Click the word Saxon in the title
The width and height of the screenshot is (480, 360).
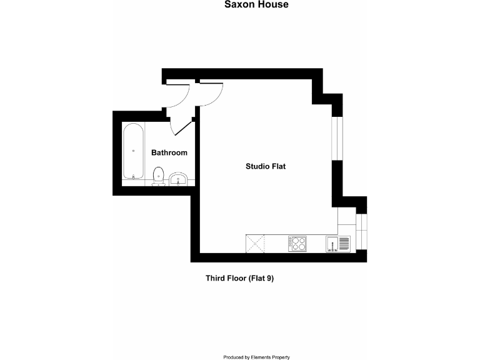pyautogui.click(x=237, y=5)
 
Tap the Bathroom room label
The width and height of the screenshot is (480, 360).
pyautogui.click(x=169, y=152)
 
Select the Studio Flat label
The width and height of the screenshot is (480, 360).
pyautogui.click(x=265, y=166)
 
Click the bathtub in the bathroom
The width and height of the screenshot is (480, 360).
pyautogui.click(x=132, y=152)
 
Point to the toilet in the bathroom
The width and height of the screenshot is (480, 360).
pyautogui.click(x=158, y=176)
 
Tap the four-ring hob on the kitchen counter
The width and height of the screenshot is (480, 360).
pyautogui.click(x=297, y=243)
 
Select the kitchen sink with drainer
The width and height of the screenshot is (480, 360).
pyautogui.click(x=339, y=244)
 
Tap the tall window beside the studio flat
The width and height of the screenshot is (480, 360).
pyautogui.click(x=337, y=138)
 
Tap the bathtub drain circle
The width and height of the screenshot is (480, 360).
pyautogui.click(x=133, y=150)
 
